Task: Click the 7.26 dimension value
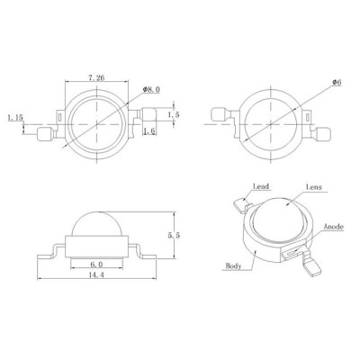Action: pyautogui.click(x=96, y=77)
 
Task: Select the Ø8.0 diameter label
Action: pyautogui.click(x=151, y=89)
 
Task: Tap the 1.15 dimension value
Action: pyautogui.click(x=15, y=117)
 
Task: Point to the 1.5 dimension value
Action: pyautogui.click(x=174, y=114)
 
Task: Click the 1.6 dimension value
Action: pyautogui.click(x=149, y=131)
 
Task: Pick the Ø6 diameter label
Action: pyautogui.click(x=337, y=83)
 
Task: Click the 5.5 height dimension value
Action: pyautogui.click(x=174, y=236)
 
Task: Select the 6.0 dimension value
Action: pyautogui.click(x=96, y=265)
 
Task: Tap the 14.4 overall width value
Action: pyautogui.click(x=96, y=274)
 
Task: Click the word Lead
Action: pyautogui.click(x=261, y=186)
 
